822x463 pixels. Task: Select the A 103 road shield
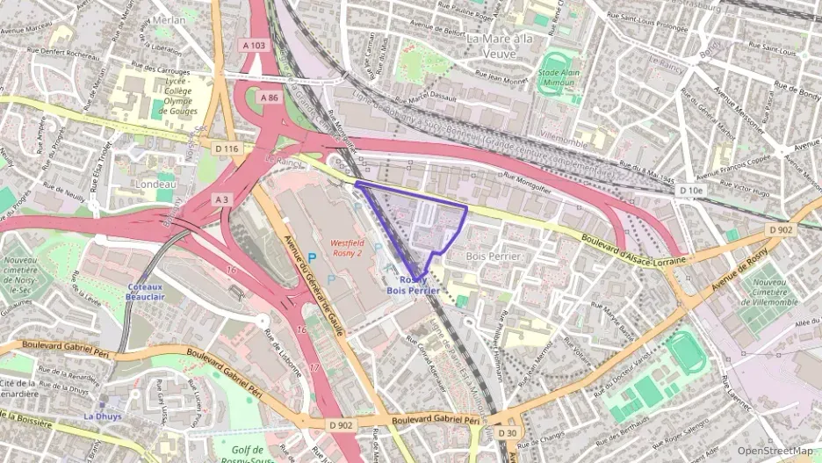point(251,69)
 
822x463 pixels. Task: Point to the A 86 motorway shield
point(270,98)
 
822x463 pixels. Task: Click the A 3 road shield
point(222,200)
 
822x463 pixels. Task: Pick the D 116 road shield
point(226,149)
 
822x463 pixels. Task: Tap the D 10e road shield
point(690,190)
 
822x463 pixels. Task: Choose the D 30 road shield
point(508,433)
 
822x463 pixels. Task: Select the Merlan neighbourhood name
point(169,19)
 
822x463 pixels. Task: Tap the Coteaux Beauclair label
point(146,292)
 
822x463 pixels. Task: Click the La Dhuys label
point(102,416)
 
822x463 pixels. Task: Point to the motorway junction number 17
point(314,365)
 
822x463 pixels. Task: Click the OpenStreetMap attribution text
point(775,452)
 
